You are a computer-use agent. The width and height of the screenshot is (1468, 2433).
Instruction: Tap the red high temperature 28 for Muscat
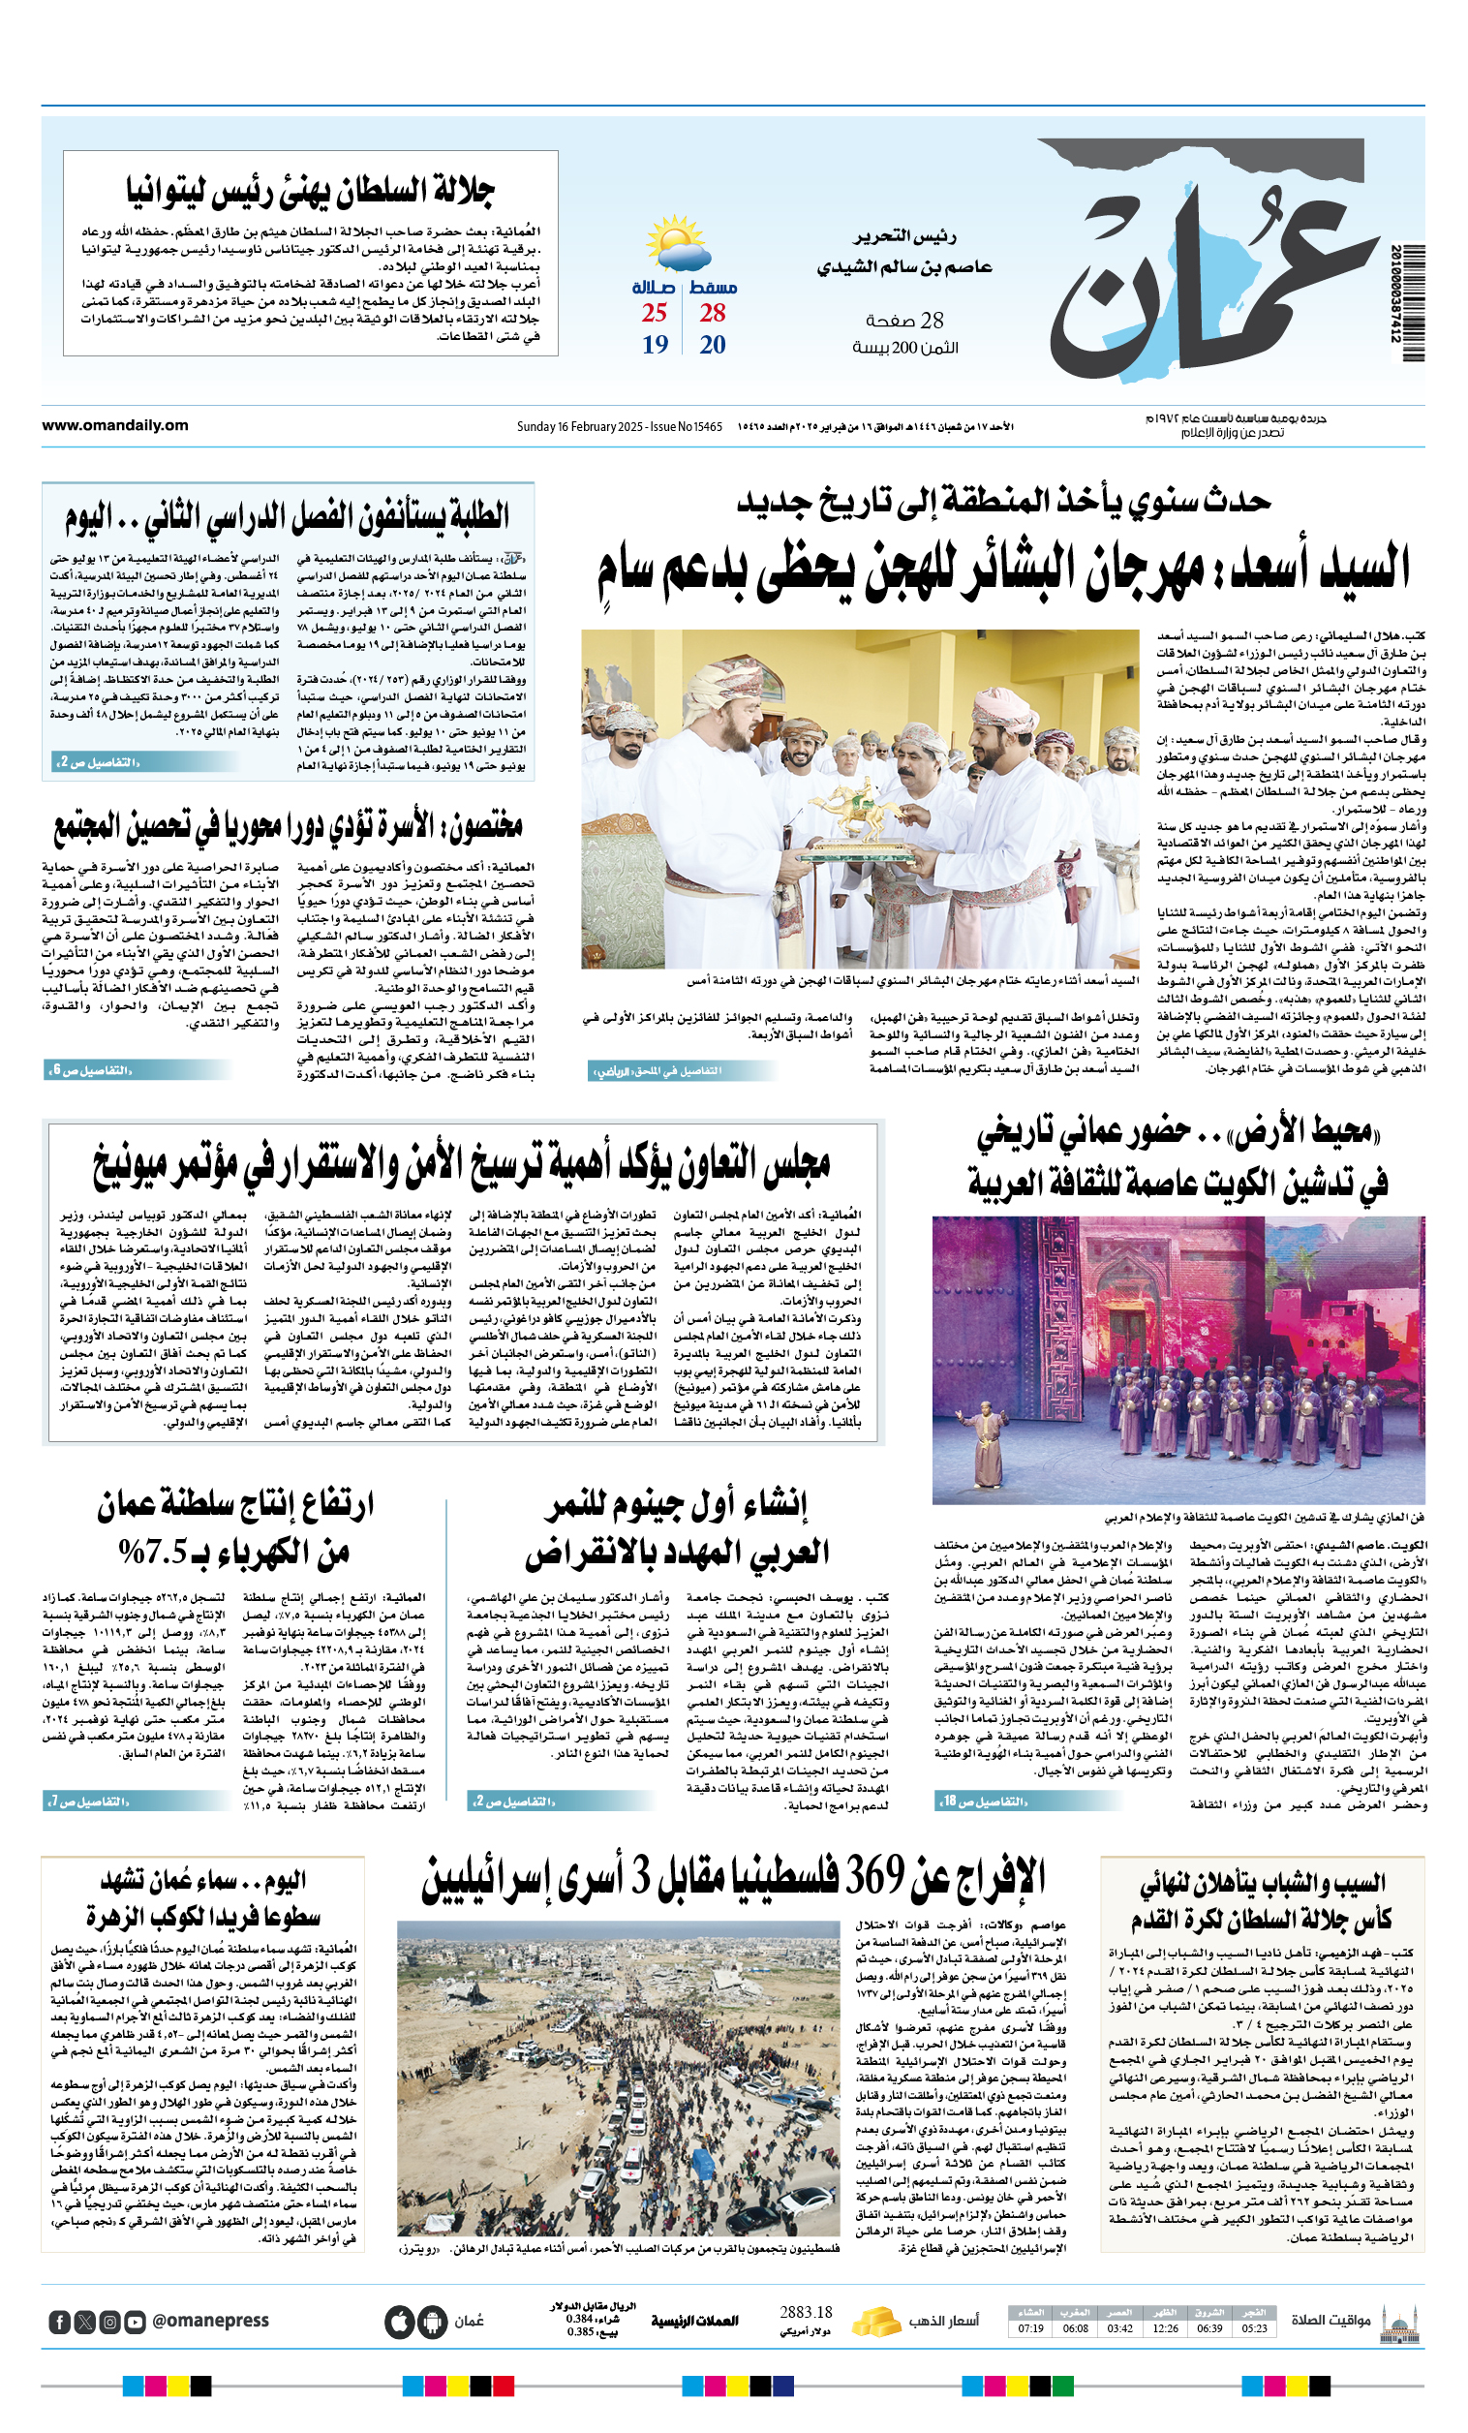click(x=713, y=313)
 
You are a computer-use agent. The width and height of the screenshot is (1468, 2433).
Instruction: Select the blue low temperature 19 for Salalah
click(x=656, y=345)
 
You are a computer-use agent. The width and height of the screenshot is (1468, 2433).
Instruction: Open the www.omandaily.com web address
click(x=115, y=425)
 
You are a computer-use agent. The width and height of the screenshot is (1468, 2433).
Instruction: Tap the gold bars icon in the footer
click(x=875, y=2322)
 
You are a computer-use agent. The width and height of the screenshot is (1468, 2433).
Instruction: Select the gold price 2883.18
click(x=806, y=2313)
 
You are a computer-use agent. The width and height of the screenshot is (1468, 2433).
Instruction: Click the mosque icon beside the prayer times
click(x=1401, y=2322)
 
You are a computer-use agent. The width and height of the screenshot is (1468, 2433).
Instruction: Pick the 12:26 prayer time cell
click(x=1165, y=2328)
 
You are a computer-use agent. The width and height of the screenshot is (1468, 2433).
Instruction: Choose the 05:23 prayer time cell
click(x=1254, y=2328)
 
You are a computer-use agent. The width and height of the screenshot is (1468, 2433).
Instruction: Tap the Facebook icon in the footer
click(x=60, y=2322)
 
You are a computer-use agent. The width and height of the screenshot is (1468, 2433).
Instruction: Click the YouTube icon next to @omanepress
click(x=135, y=2322)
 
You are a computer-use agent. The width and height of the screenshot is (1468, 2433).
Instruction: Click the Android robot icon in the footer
click(x=432, y=2322)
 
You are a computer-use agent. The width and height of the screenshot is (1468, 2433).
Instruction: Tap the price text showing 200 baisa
click(x=905, y=348)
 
